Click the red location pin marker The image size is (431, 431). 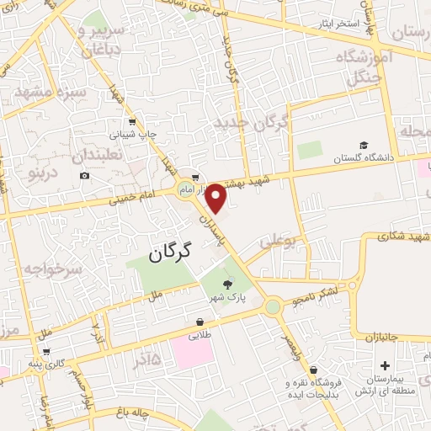[216, 198]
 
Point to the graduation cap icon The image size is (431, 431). [364, 145]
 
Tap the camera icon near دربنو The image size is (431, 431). [84, 175]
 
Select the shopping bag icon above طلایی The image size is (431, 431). [200, 322]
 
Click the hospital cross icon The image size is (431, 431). [385, 366]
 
